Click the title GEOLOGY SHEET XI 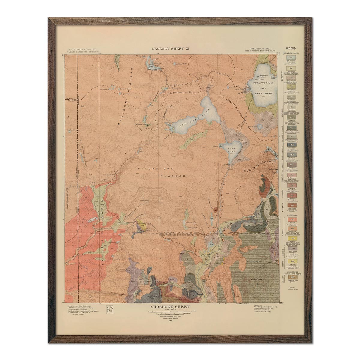click(170, 48)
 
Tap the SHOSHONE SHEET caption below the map click(171, 307)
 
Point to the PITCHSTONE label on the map click(148, 169)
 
